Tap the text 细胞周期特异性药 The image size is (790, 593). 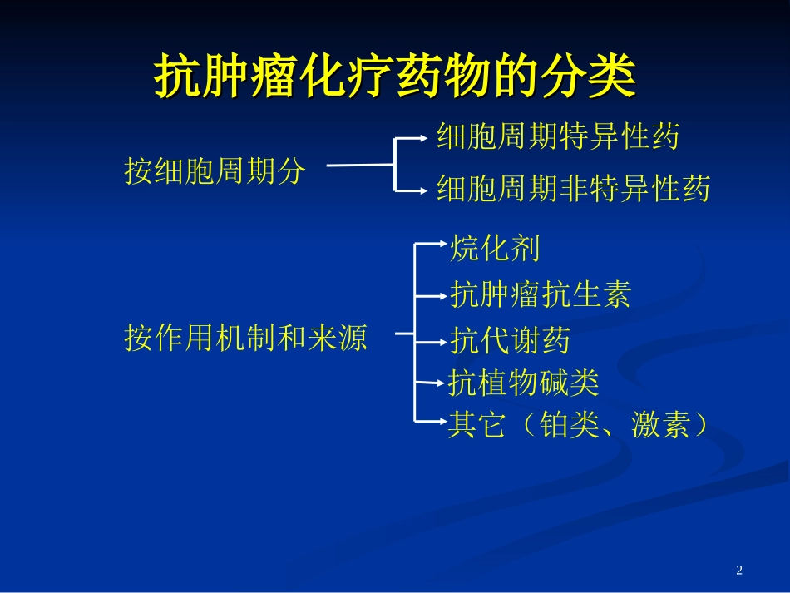[558, 136]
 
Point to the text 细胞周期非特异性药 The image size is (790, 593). [574, 190]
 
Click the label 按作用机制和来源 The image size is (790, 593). [245, 338]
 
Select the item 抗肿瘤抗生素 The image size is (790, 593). [541, 294]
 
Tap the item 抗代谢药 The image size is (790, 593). [510, 340]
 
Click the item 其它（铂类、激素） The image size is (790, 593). [579, 425]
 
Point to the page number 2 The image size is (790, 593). [739, 570]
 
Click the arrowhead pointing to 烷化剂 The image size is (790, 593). [442, 244]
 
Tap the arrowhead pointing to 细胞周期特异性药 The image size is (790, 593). [428, 139]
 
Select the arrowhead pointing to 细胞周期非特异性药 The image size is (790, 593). [428, 191]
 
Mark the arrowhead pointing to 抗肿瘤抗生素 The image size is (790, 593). [442, 294]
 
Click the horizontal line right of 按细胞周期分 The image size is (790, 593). [359, 165]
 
